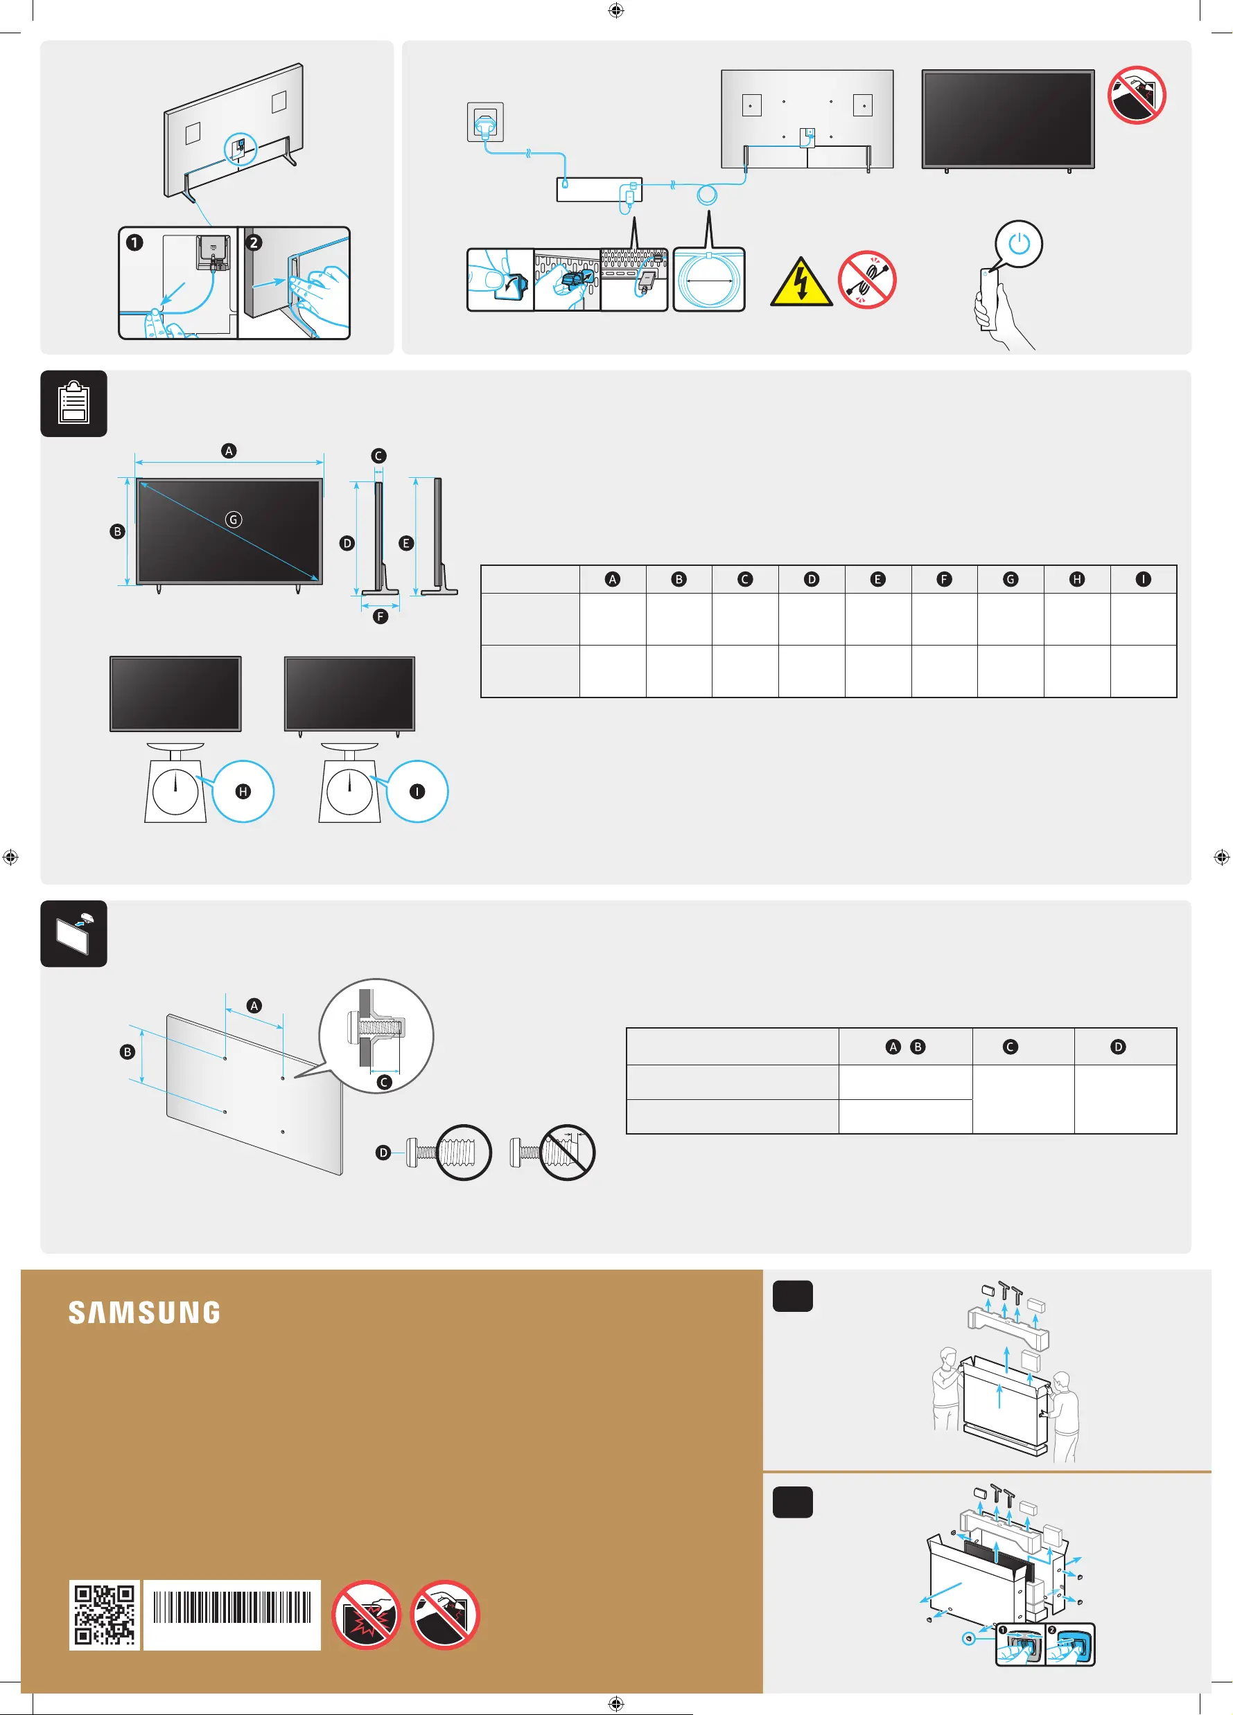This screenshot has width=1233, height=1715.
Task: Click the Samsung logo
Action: (x=144, y=1312)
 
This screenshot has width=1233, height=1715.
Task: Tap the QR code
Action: (x=105, y=1614)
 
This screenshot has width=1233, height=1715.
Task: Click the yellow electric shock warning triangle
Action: (x=801, y=282)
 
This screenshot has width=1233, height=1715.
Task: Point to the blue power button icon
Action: (x=1019, y=245)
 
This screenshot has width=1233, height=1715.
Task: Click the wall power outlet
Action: (x=485, y=122)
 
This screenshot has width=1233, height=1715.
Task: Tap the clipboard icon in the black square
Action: (x=73, y=403)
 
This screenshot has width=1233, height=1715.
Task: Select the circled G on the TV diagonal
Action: (x=234, y=519)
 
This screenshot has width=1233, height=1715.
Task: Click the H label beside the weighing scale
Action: (x=243, y=792)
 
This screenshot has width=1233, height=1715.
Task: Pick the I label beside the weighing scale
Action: (x=417, y=792)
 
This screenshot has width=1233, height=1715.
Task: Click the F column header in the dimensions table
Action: (x=944, y=579)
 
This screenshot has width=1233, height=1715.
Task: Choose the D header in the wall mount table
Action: (x=1118, y=1047)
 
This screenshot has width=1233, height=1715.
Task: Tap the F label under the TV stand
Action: (x=381, y=616)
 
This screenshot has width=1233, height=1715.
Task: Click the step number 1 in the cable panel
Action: (x=134, y=242)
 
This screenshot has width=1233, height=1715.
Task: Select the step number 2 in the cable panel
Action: (x=254, y=242)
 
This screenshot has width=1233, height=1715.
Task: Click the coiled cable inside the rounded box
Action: (x=709, y=281)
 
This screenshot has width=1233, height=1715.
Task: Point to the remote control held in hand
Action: (x=988, y=299)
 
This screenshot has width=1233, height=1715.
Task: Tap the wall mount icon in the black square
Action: (x=73, y=933)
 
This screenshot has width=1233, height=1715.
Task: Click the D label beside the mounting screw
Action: (x=383, y=1153)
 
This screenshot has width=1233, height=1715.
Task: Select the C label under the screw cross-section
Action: (x=384, y=1082)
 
